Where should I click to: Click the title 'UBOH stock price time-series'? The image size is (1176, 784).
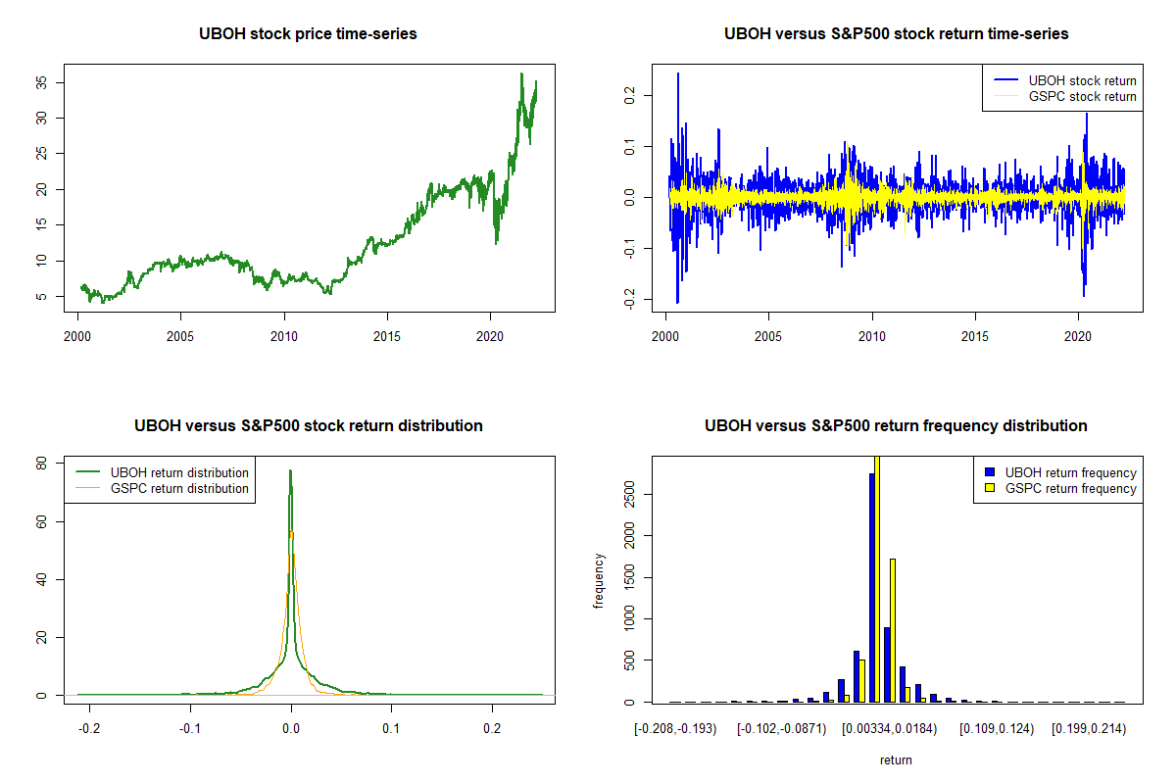click(309, 34)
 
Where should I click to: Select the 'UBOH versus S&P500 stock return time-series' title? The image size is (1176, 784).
click(896, 34)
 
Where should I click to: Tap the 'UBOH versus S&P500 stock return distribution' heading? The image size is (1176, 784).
click(309, 426)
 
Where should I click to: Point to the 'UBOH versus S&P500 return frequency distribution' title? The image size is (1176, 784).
click(896, 426)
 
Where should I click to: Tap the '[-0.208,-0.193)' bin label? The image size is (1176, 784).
click(675, 729)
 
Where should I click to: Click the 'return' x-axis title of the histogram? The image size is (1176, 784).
click(896, 759)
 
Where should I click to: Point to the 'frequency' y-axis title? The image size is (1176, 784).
click(599, 581)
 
